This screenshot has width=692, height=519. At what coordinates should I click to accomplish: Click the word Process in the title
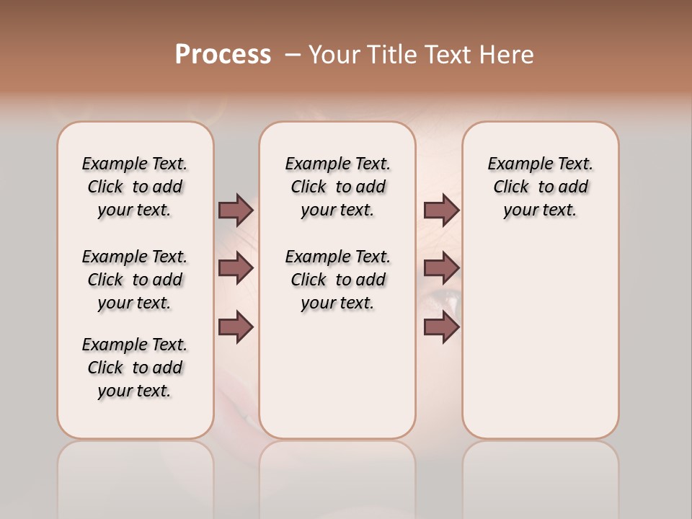[x=223, y=55]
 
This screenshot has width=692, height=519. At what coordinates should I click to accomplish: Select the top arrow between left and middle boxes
[x=236, y=210]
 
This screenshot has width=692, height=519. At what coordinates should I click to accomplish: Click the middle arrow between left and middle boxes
[x=236, y=269]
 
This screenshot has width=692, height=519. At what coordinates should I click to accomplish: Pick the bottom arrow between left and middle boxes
[x=236, y=327]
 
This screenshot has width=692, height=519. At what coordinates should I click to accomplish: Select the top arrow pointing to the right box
[x=441, y=210]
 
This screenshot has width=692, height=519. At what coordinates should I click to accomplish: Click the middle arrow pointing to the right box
[x=441, y=269]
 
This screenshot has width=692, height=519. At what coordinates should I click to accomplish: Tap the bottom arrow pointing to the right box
[x=441, y=327]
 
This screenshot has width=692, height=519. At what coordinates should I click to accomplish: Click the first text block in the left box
[x=135, y=187]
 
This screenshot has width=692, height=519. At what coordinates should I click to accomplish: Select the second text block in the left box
[x=135, y=280]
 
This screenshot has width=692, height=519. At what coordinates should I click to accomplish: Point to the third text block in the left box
[x=135, y=368]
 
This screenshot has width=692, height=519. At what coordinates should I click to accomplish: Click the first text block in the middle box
[x=337, y=187]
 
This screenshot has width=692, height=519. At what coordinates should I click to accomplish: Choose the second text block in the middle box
[x=337, y=280]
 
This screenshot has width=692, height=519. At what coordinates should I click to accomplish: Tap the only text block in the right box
[x=540, y=187]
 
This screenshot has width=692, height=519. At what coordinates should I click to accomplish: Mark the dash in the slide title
[x=293, y=55]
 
